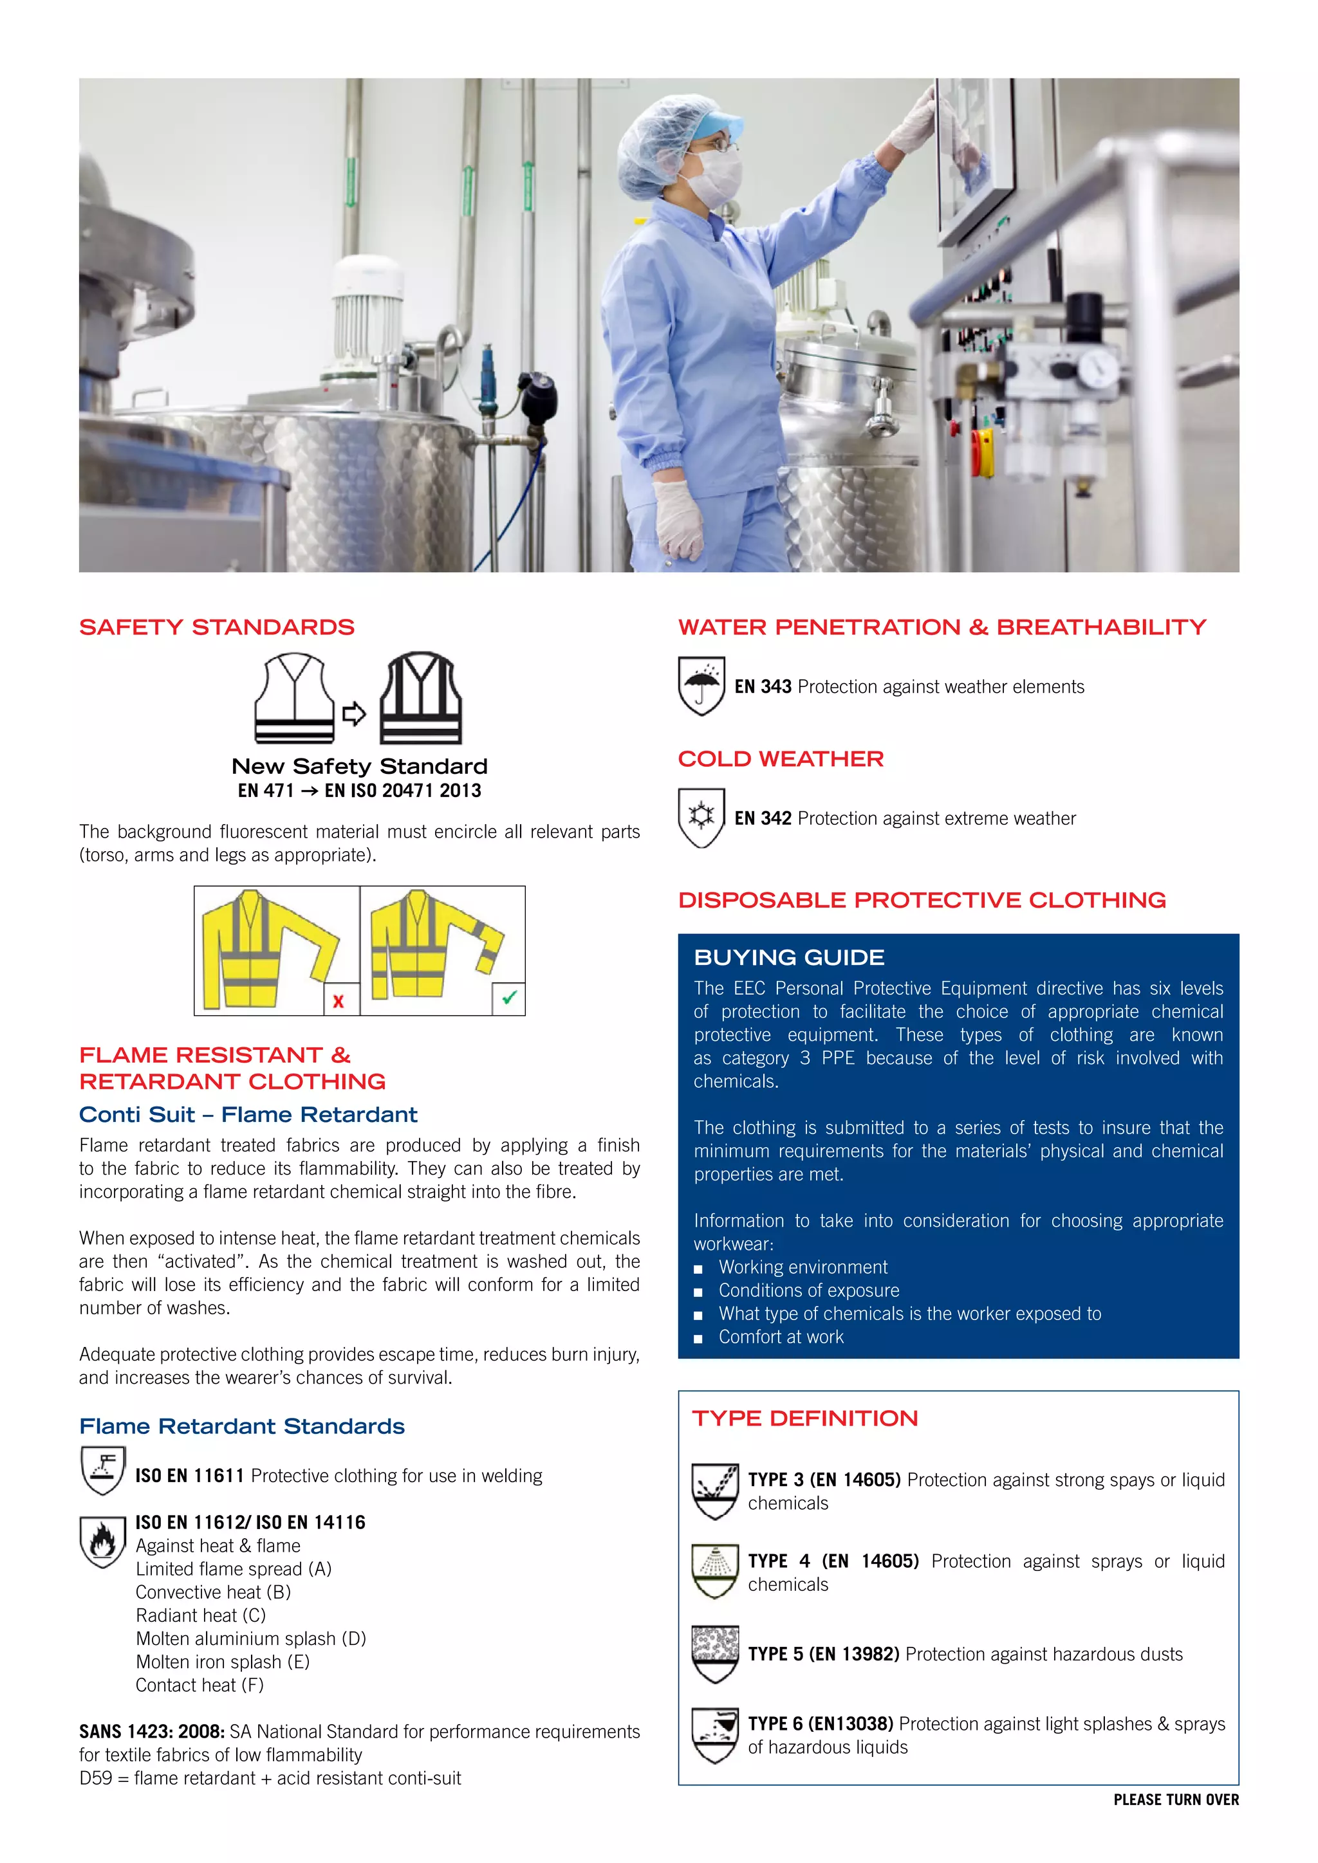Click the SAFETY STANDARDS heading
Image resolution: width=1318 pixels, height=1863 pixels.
(217, 627)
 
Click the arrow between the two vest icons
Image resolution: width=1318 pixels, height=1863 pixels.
(354, 714)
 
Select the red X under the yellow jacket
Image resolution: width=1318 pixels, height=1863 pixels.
(339, 1001)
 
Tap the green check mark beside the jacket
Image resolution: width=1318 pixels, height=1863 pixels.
(509, 998)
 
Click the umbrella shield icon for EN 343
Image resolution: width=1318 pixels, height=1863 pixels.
(701, 686)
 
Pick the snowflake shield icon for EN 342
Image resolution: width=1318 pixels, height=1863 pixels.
(701, 817)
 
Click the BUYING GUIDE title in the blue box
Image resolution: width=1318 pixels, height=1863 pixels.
(789, 957)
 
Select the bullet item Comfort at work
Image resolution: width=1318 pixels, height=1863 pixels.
(781, 1337)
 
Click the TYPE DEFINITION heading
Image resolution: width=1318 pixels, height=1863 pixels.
(804, 1418)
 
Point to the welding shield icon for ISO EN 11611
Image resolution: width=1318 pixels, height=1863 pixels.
(103, 1469)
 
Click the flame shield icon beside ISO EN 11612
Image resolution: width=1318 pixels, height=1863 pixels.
(103, 1542)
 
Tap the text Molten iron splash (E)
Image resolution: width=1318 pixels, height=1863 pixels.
(223, 1662)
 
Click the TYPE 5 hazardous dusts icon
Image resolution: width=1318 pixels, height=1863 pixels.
(715, 1654)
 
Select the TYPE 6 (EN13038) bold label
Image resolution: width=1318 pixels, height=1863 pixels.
(820, 1723)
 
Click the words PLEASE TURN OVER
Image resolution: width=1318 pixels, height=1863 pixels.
(1175, 1800)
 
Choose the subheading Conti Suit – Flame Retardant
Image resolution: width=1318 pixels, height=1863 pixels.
(248, 1115)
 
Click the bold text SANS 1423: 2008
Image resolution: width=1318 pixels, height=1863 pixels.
(152, 1732)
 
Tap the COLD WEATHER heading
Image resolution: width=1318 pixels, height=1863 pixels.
(781, 758)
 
